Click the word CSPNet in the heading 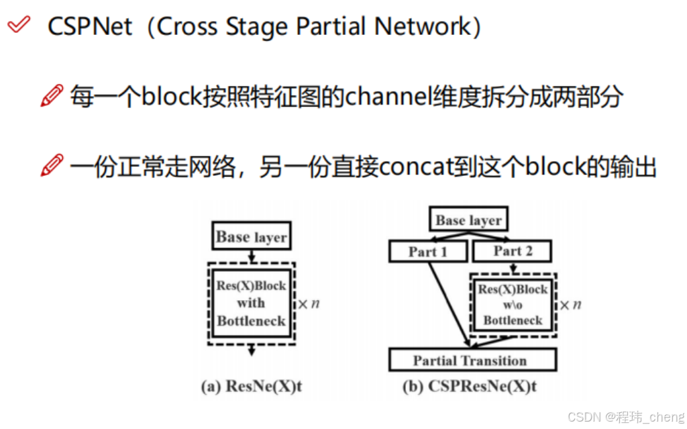(91, 27)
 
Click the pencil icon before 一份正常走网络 (52, 165)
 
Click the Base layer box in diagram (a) (252, 237)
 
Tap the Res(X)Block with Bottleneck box (251, 303)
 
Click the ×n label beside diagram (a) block (308, 304)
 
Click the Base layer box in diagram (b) (468, 220)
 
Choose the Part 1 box (427, 252)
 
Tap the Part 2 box (513, 252)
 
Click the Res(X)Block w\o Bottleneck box (513, 305)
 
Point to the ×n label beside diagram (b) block (570, 305)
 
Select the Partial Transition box (472, 361)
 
